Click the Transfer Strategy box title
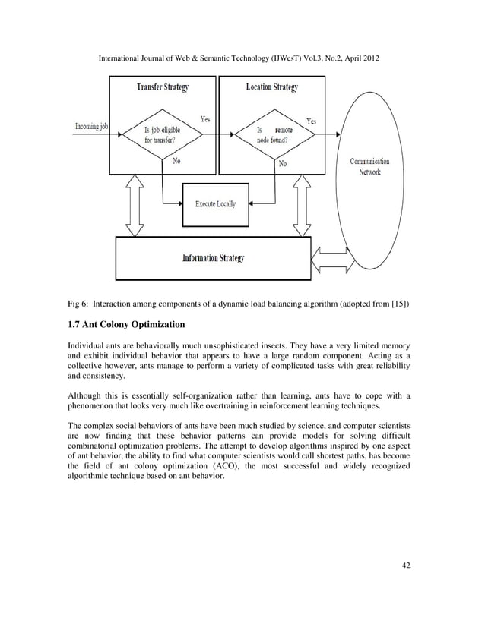[x=162, y=87]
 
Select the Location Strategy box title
[x=271, y=87]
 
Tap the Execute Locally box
[x=216, y=204]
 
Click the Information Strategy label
[x=213, y=258]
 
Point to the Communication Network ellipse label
[x=369, y=167]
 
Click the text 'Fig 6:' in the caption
[x=80, y=304]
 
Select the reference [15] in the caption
[x=398, y=304]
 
